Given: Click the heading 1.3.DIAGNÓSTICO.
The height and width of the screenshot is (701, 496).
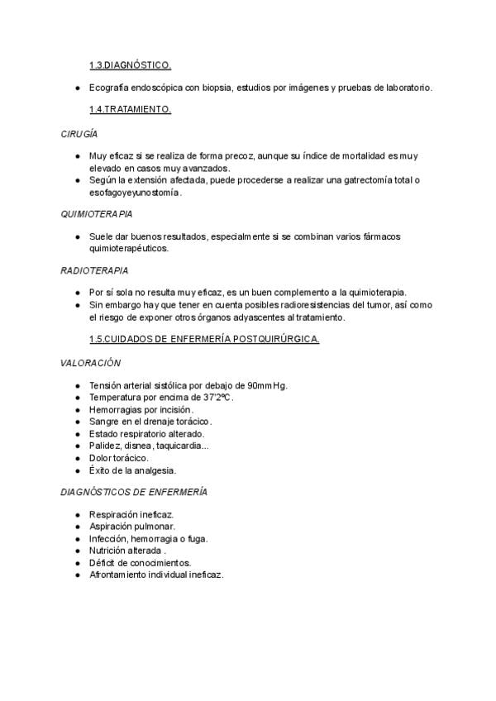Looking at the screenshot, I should [130, 64].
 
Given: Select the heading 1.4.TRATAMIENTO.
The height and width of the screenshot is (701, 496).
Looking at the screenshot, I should [130, 109].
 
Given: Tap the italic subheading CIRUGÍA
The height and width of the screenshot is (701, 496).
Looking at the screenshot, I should [79, 132].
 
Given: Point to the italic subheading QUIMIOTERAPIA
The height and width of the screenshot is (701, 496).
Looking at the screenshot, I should [97, 213].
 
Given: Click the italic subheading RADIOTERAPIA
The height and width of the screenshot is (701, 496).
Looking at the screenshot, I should [94, 270].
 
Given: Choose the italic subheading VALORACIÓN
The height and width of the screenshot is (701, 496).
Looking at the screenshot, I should [91, 363].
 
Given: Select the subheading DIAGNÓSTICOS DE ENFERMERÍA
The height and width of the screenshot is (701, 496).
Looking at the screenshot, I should [134, 492].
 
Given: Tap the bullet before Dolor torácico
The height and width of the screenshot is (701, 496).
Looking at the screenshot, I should [77, 458].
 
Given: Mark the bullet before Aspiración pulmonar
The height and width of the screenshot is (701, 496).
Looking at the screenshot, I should [77, 527].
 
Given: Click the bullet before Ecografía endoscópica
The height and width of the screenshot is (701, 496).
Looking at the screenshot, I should [77, 87].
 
